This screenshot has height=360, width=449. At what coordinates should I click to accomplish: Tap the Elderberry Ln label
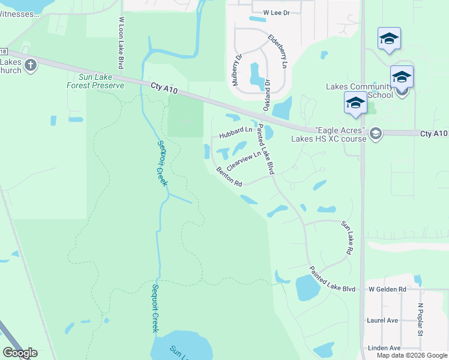[x=279, y=50]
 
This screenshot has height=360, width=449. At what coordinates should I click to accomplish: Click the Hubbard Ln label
[x=235, y=132]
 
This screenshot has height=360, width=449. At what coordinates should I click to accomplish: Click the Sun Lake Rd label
[x=346, y=238]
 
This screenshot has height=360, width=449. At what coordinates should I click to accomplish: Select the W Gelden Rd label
[x=387, y=289]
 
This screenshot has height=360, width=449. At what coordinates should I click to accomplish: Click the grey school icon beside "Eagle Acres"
[x=376, y=133]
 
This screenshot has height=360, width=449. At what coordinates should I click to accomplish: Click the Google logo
[x=20, y=353]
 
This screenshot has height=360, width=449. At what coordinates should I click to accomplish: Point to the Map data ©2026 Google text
[x=412, y=355]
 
